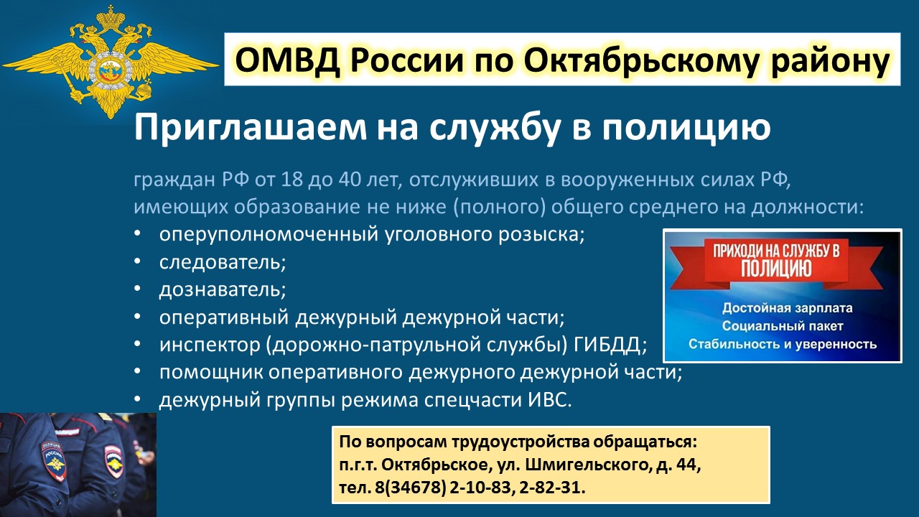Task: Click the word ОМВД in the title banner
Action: point(288,60)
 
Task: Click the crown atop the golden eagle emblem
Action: point(111,19)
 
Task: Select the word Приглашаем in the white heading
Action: point(251,128)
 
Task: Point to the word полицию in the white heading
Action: point(686,128)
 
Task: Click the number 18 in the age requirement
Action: point(291,180)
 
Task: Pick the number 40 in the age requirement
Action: point(349,180)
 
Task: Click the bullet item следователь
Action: point(223,262)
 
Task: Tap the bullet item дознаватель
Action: point(223,289)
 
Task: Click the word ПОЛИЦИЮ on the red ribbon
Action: point(776,269)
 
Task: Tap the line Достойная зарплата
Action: point(788,308)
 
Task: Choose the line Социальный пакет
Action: point(783,326)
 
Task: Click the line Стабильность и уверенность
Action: point(783,344)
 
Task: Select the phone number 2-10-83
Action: point(480,488)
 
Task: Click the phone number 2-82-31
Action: point(552,488)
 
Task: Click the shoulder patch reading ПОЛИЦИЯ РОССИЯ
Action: point(53,462)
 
